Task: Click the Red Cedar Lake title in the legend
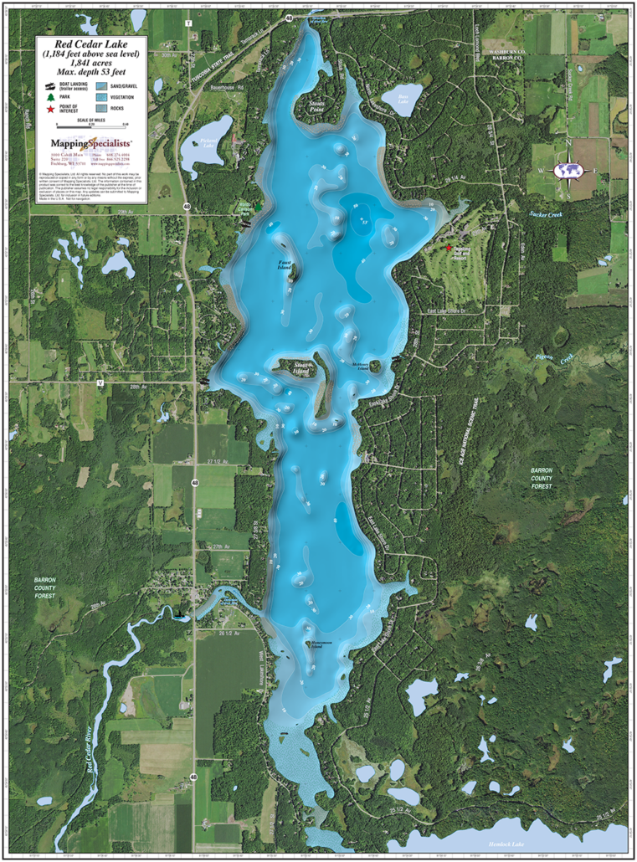pos(91,44)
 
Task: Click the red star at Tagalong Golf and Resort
pos(449,249)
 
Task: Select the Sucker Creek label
pos(547,214)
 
